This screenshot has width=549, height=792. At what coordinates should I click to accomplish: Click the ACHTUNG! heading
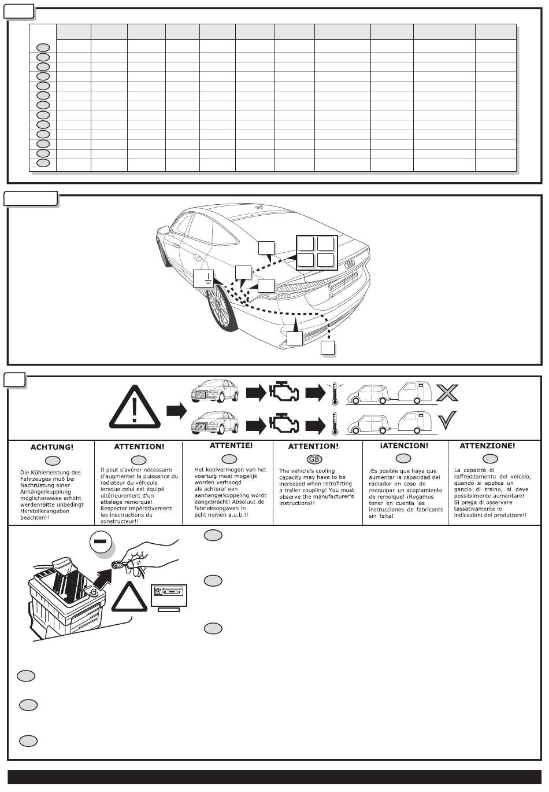pos(52,447)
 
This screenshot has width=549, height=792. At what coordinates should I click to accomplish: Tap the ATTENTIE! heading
pos(231,445)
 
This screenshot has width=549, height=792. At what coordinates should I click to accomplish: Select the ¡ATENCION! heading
pos(404,445)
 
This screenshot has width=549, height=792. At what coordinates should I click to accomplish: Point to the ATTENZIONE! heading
pos(487,445)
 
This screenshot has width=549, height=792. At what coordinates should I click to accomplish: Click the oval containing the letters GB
pos(314,459)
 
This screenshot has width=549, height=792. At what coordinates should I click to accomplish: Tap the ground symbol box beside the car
pos(203,278)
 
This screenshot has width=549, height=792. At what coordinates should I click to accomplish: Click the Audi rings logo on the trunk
pos(350,264)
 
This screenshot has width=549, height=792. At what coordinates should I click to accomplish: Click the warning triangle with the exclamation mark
pos(135,407)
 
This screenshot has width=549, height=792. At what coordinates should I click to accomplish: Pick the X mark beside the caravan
pos(447,392)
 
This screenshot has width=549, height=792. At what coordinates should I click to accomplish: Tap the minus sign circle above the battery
pos(101,541)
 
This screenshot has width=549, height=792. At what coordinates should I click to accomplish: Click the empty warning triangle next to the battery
pos(129,597)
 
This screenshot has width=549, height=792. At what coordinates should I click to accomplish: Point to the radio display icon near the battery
pos(169,597)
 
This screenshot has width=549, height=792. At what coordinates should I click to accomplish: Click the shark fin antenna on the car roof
pos(259,207)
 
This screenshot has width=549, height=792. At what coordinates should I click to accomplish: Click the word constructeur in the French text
pos(117,521)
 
